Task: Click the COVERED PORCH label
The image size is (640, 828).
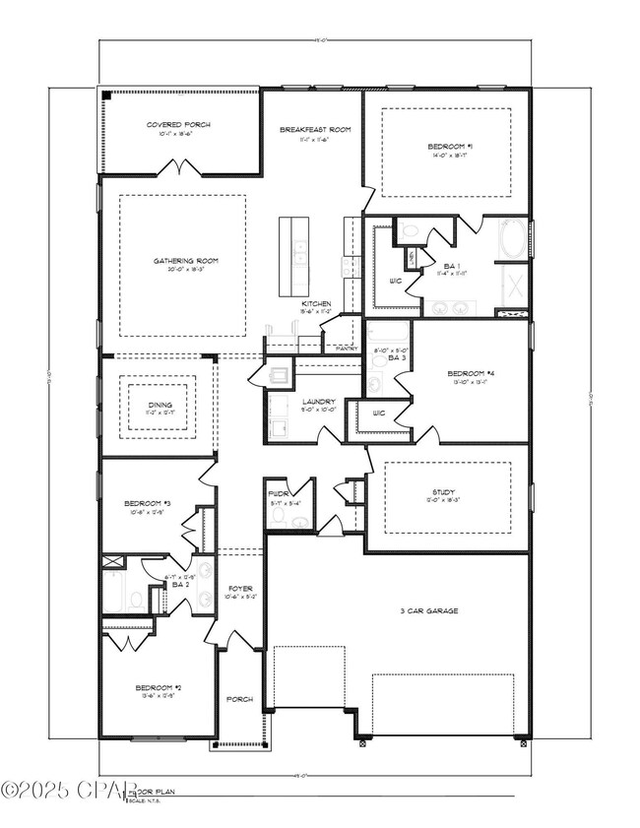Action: pyautogui.click(x=178, y=125)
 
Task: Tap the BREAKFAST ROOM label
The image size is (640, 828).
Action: pyautogui.click(x=315, y=130)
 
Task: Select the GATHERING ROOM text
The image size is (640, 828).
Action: pyautogui.click(x=185, y=261)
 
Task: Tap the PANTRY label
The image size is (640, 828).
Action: pyautogui.click(x=347, y=349)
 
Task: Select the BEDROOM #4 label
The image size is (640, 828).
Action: pyautogui.click(x=469, y=373)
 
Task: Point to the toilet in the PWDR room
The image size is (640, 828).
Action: pyautogui.click(x=279, y=515)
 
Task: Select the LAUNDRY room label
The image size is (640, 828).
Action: pyautogui.click(x=319, y=402)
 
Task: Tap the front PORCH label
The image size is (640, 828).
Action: pyautogui.click(x=239, y=699)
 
